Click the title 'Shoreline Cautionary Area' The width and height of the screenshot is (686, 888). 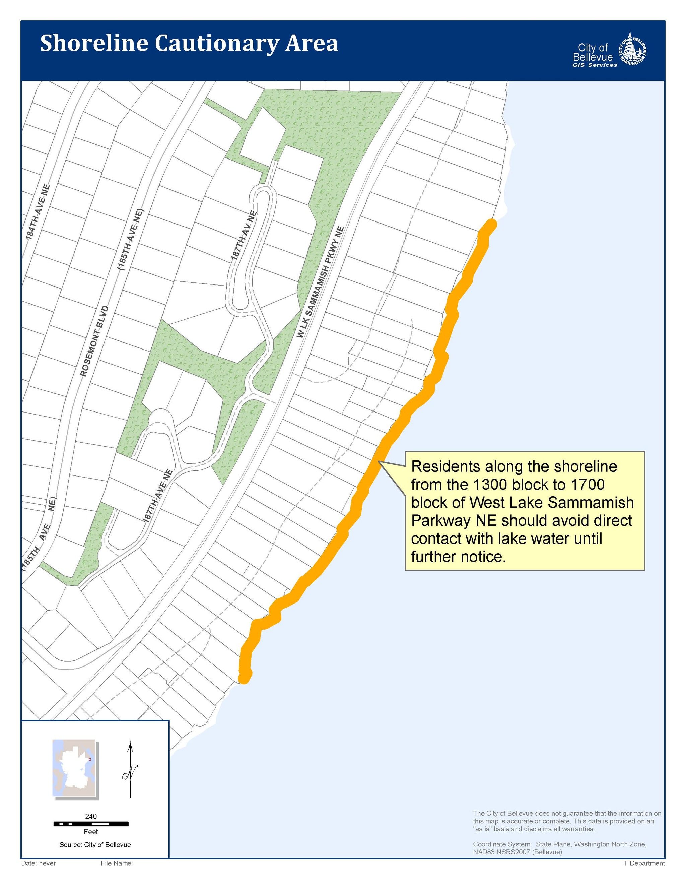(x=189, y=44)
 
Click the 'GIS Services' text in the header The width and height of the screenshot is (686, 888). (x=595, y=65)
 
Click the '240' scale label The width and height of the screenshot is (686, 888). (x=91, y=816)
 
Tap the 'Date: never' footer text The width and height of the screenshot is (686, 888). (x=39, y=863)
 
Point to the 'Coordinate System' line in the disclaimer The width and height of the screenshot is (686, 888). (x=559, y=844)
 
